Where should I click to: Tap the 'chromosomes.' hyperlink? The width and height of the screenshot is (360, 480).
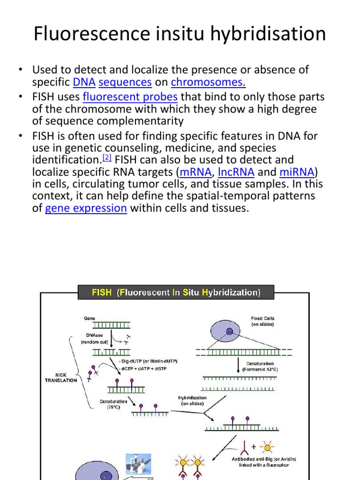click(208, 82)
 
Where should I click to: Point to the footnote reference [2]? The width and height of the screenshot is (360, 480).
click(107, 157)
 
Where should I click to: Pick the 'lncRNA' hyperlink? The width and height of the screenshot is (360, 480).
click(236, 172)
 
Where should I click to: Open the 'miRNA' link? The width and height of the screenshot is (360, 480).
click(297, 172)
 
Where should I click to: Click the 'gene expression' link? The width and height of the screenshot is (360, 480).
click(86, 208)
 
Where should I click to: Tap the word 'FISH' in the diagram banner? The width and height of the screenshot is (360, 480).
click(102, 292)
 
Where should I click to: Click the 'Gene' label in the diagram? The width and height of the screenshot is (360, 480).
click(90, 318)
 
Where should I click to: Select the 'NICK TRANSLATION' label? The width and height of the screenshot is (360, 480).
click(61, 378)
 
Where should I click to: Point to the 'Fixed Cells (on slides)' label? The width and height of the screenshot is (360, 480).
click(262, 321)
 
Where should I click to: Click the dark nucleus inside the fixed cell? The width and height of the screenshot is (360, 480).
click(229, 331)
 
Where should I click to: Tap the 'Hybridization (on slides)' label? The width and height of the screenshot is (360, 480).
click(192, 400)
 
